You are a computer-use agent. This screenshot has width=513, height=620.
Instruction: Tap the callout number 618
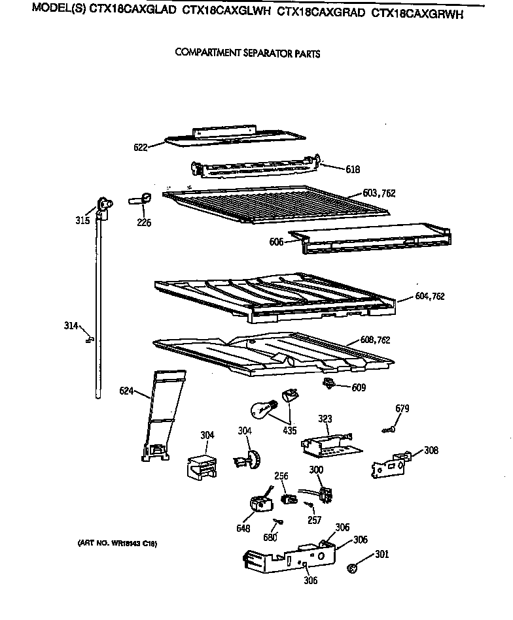[353, 169]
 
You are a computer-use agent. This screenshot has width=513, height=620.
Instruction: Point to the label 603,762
[380, 193]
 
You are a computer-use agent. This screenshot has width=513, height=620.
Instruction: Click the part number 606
[276, 242]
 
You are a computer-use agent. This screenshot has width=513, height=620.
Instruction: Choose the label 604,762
[430, 296]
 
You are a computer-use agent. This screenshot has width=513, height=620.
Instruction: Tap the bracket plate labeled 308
[391, 463]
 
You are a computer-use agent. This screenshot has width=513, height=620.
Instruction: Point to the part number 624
[126, 391]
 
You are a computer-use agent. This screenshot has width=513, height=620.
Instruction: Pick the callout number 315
[82, 220]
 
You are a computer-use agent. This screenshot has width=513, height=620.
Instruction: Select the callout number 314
[71, 325]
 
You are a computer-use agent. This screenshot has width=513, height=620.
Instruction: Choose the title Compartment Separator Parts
[247, 54]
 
